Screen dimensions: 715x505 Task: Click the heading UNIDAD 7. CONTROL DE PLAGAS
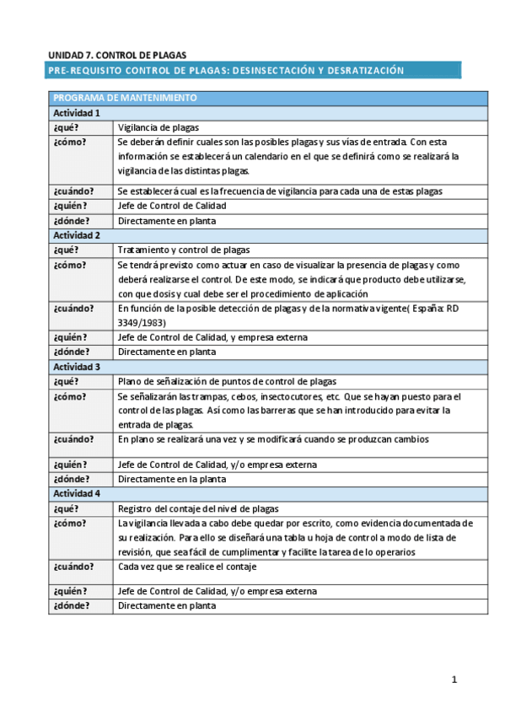(x=117, y=54)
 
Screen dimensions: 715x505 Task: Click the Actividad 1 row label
(x=77, y=113)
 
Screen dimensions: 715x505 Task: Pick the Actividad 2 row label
(x=77, y=235)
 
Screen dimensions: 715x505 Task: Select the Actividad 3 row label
(x=77, y=367)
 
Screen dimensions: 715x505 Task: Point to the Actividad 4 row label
(x=77, y=493)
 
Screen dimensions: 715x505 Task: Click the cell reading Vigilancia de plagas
(x=158, y=127)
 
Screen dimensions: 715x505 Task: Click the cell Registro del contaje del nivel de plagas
(x=198, y=508)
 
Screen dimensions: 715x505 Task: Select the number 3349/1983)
(x=142, y=322)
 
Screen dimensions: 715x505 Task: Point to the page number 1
(x=454, y=680)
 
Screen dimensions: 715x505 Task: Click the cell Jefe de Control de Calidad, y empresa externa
(x=212, y=337)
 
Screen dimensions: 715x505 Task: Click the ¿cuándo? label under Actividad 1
(x=74, y=191)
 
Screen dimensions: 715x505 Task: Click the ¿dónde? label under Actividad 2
(x=71, y=352)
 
